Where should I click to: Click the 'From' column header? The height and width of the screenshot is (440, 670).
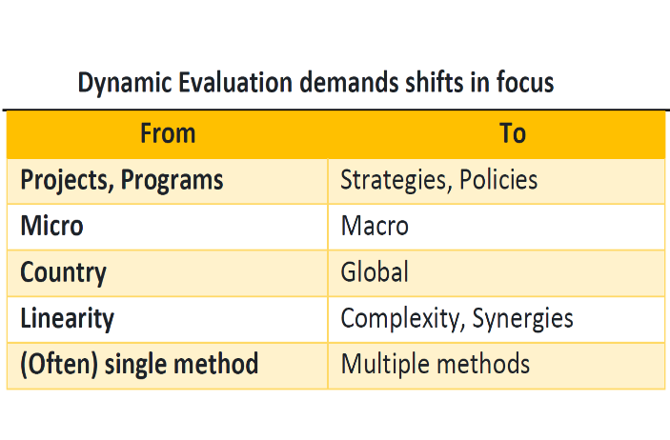click(x=167, y=134)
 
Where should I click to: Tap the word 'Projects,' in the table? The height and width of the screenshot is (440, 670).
click(x=64, y=180)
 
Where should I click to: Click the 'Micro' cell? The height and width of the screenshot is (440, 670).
click(x=51, y=226)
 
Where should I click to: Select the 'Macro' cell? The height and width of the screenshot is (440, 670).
click(x=375, y=226)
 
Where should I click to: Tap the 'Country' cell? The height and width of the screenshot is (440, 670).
click(x=63, y=272)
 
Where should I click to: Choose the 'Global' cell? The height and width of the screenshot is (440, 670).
click(x=375, y=272)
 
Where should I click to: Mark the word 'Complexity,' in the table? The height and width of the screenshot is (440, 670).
click(x=402, y=318)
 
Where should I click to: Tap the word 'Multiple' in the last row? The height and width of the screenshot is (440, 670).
click(x=383, y=364)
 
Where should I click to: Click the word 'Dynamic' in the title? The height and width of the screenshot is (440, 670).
click(x=119, y=84)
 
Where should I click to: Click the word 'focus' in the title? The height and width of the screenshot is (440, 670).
click(x=522, y=84)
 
